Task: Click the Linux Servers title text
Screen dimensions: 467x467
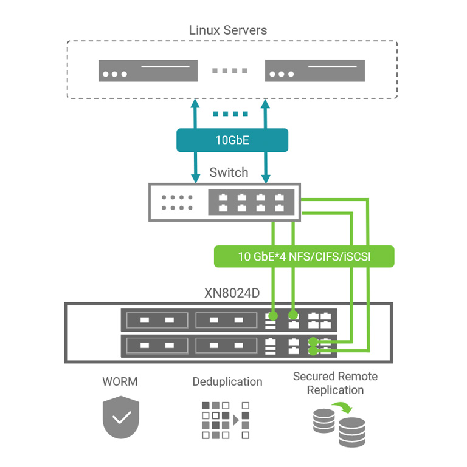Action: point(228,29)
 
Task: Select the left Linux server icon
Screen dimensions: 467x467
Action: point(148,70)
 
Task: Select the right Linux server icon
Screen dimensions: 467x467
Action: point(315,70)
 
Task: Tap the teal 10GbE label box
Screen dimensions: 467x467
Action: point(232,140)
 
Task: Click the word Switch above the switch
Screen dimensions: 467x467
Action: point(229,172)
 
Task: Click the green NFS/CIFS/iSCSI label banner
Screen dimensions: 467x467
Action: point(304,256)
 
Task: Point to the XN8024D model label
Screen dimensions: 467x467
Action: point(232,293)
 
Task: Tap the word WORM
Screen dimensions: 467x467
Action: point(120,382)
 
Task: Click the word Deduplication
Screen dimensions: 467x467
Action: point(227,382)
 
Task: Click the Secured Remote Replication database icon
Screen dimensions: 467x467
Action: point(340,426)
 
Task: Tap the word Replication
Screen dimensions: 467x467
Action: point(335,390)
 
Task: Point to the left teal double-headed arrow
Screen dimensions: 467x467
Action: point(196,140)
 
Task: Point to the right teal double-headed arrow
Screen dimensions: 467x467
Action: point(265,140)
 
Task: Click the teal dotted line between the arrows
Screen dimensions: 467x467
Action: point(230,114)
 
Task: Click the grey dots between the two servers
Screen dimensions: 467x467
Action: point(231,70)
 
